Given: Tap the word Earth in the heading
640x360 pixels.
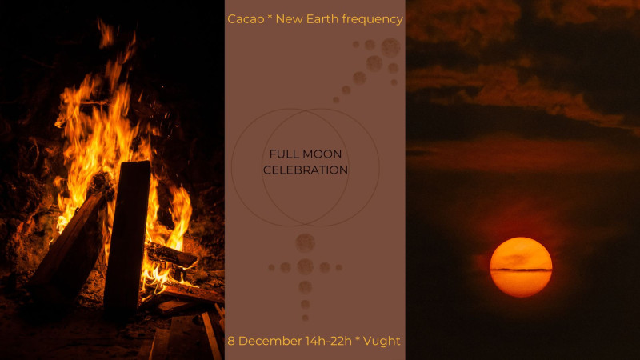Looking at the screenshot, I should point(324,18).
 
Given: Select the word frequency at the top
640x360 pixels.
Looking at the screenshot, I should point(373,19).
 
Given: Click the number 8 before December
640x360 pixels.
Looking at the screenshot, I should point(231,341).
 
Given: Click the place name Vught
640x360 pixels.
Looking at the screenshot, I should point(382,341).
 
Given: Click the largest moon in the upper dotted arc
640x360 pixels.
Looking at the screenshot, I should point(390,47).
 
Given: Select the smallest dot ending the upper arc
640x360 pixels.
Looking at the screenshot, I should point(336,100).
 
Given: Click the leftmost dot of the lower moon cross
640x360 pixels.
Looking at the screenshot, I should point(272,267).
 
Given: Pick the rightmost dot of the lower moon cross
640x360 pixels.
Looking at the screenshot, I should point(338,267).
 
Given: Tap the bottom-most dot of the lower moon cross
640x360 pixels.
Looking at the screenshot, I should point(305,318).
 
